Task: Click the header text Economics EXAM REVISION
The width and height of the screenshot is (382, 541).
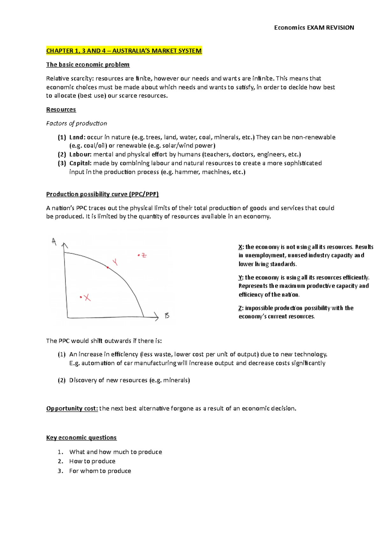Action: pyautogui.click(x=314, y=28)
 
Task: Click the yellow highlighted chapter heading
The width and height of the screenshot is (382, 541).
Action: pyautogui.click(x=124, y=51)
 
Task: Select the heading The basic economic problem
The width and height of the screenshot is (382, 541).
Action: pyautogui.click(x=88, y=65)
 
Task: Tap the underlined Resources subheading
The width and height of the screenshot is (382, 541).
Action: pyautogui.click(x=61, y=110)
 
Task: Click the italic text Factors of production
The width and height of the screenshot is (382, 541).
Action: pyautogui.click(x=76, y=123)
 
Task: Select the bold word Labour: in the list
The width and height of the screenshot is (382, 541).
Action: pyautogui.click(x=80, y=155)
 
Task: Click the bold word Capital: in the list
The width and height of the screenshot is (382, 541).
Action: pyautogui.click(x=80, y=163)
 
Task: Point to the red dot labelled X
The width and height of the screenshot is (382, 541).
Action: pyautogui.click(x=81, y=297)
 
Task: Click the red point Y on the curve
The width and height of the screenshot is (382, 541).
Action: pyautogui.click(x=108, y=267)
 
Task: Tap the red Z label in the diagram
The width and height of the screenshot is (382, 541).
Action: pyautogui.click(x=144, y=255)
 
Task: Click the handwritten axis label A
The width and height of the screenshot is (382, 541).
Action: pyautogui.click(x=54, y=242)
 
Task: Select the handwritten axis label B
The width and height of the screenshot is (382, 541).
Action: pyautogui.click(x=167, y=316)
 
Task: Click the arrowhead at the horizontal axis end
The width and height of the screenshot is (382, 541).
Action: pyautogui.click(x=156, y=316)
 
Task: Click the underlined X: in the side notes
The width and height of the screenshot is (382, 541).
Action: pyautogui.click(x=241, y=247)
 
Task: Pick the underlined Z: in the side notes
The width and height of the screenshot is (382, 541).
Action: pyautogui.click(x=241, y=308)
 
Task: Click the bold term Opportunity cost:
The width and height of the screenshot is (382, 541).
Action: pyautogui.click(x=72, y=408)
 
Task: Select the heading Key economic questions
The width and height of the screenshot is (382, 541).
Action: pyautogui.click(x=81, y=438)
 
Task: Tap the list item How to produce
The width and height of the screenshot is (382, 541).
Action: pyautogui.click(x=92, y=461)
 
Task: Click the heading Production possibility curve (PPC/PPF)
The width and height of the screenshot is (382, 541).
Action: pyautogui.click(x=102, y=194)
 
